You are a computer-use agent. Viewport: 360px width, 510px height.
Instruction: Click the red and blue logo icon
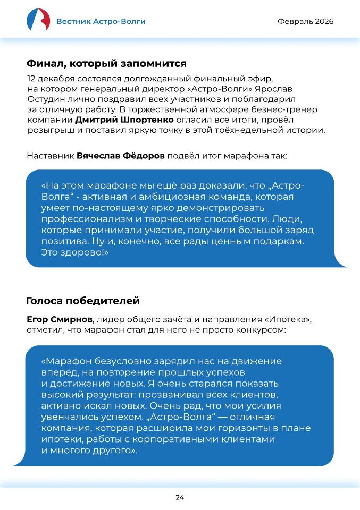point(38,20)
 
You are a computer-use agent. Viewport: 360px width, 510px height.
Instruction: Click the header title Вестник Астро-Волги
point(101,21)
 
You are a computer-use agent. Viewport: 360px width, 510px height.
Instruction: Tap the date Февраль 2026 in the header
point(306,21)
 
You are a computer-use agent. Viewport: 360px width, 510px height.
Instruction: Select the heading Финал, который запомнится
point(106,64)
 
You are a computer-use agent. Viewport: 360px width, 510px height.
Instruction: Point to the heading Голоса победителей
point(82,301)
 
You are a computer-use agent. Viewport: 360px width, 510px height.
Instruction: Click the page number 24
point(180,497)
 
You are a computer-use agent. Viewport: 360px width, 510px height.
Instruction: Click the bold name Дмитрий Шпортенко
point(116,121)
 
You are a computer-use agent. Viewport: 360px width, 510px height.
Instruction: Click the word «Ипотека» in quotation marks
point(288,319)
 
